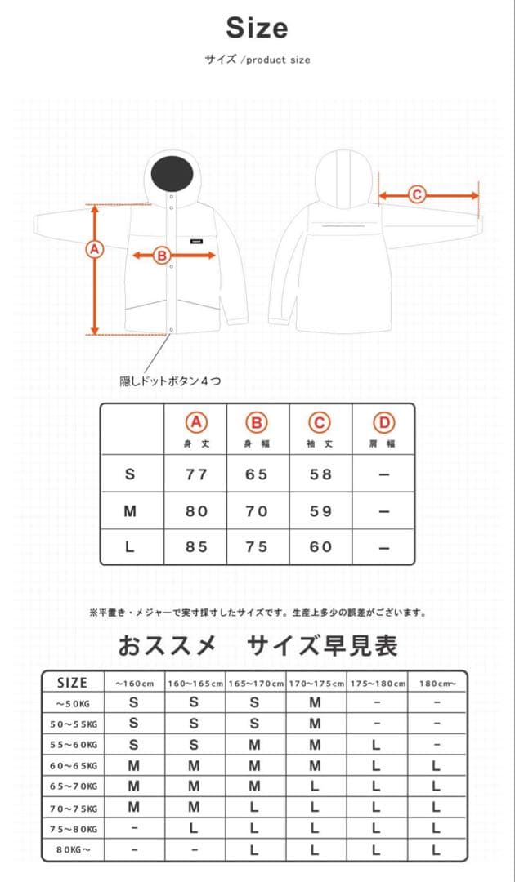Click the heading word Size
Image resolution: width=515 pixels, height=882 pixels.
257,29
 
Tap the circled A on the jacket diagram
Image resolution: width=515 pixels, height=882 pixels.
96,249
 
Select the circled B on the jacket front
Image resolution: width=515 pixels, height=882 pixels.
162,256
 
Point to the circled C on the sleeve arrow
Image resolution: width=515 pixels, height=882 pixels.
416,194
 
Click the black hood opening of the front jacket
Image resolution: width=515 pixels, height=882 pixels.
172,171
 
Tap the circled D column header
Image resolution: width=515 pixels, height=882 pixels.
383,423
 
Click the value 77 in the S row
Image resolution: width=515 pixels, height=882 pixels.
196,474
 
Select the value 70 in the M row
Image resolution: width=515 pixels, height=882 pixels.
257,511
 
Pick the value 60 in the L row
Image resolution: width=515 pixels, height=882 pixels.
320,547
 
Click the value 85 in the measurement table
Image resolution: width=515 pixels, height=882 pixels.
196,547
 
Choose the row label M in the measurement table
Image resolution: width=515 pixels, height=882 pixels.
130,511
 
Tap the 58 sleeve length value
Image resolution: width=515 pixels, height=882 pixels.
320,474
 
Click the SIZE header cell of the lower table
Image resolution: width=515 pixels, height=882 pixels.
72,683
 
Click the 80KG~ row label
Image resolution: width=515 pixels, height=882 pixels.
73,850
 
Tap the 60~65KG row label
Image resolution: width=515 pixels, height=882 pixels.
73,765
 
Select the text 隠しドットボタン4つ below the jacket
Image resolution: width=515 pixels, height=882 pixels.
170,381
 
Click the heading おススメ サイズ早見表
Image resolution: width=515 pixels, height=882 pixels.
257,646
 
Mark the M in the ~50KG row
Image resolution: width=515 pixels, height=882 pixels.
316,702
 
